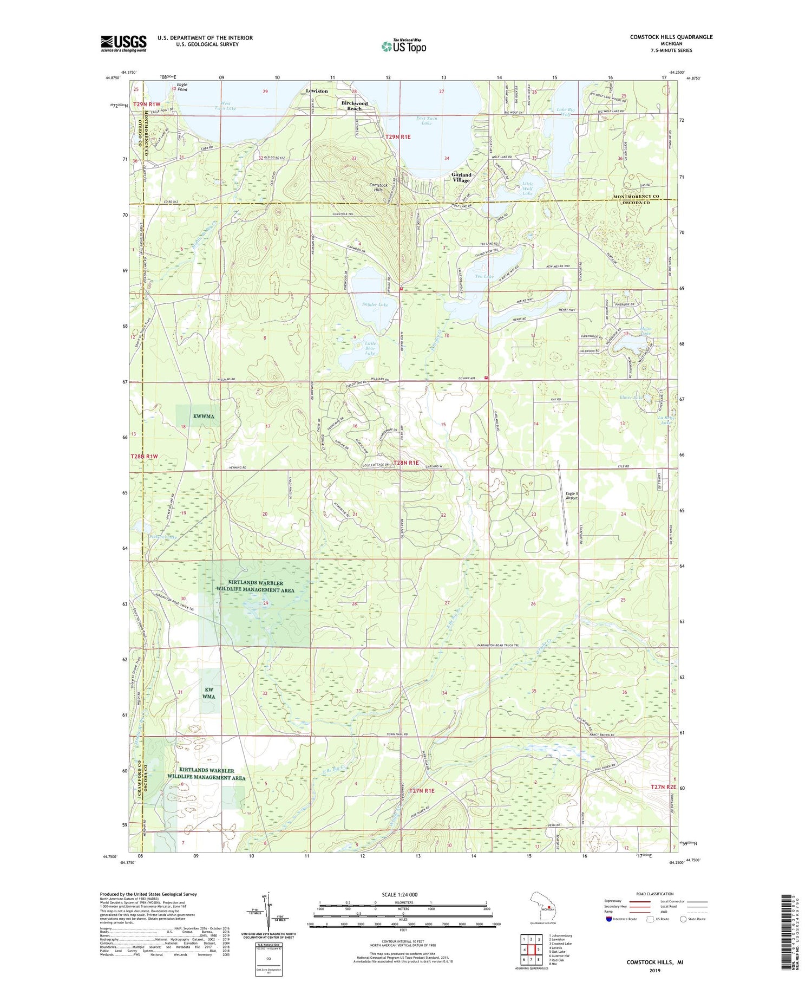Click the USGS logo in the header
point(123,43)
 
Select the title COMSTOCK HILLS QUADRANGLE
point(671,37)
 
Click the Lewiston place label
point(317,91)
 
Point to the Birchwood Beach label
point(354,106)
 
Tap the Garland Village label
point(461,178)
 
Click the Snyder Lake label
point(375,304)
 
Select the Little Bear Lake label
point(370,348)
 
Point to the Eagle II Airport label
point(572,496)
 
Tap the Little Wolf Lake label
point(527,188)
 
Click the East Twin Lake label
point(427,120)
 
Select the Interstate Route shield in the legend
point(610,919)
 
